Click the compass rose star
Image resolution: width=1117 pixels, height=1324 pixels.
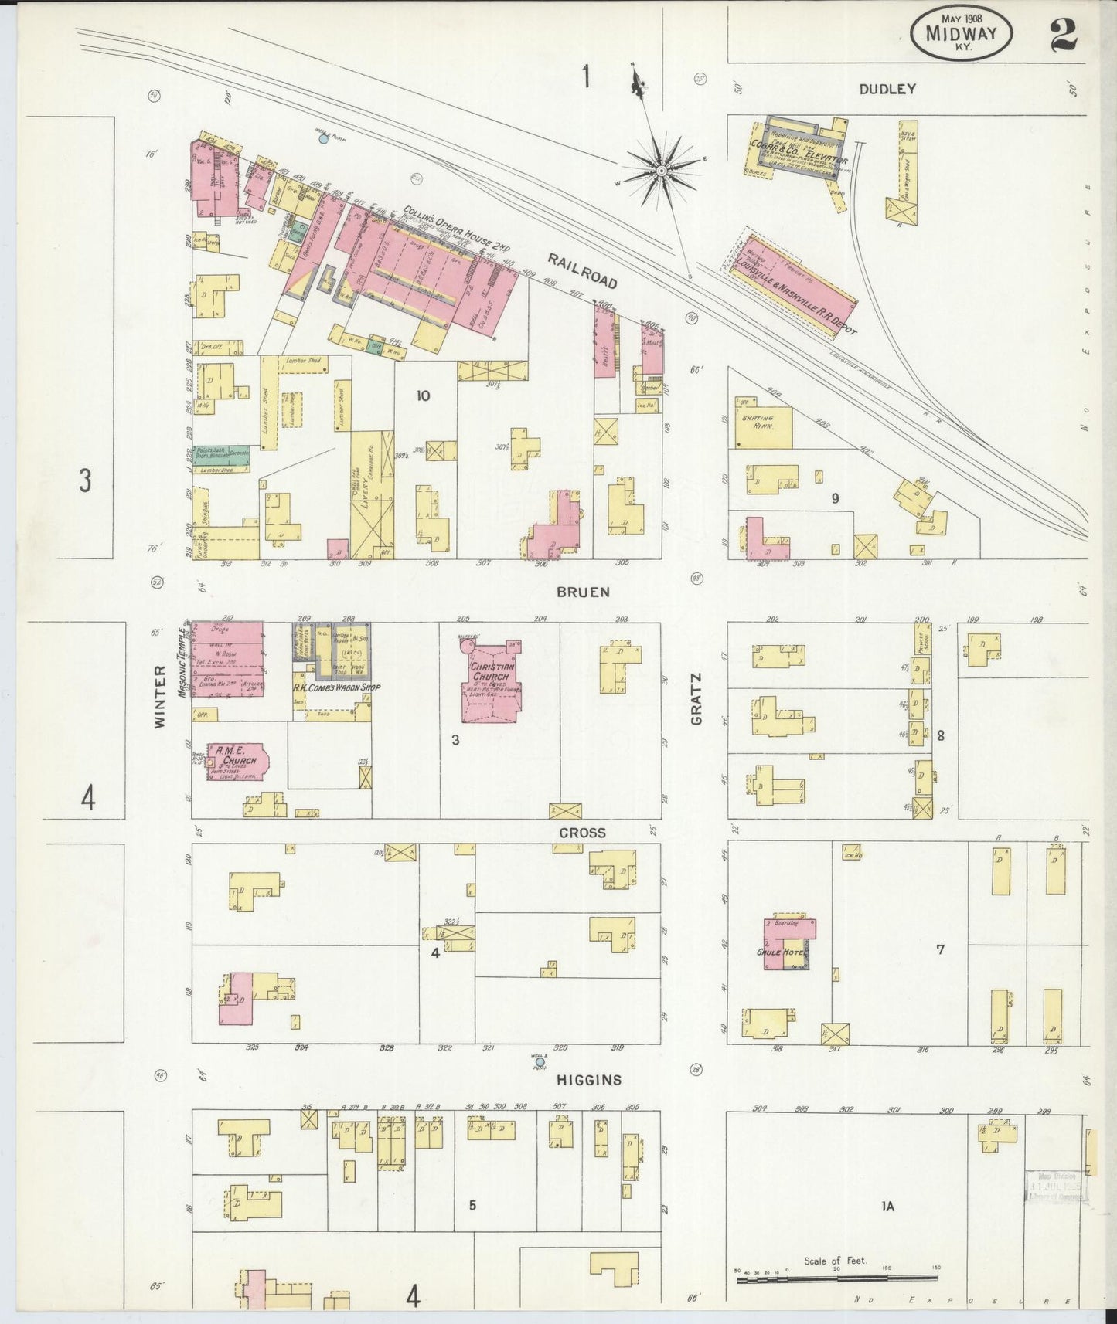(662, 169)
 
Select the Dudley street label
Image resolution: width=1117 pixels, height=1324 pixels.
(887, 89)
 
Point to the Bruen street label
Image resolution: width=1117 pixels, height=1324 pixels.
(584, 592)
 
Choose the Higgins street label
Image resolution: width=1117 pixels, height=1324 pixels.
(589, 1080)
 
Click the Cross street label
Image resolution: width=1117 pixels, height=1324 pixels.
(583, 833)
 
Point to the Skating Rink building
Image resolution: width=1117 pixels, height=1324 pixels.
(763, 426)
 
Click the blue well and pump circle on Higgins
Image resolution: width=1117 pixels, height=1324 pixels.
(540, 1061)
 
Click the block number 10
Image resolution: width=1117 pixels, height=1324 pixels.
(423, 396)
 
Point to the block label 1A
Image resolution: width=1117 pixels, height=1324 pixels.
(887, 1206)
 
